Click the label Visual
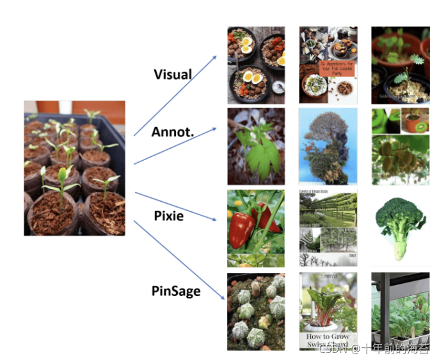(172, 74)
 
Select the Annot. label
(172, 132)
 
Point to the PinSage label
(176, 291)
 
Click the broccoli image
(400, 228)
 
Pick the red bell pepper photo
(255, 228)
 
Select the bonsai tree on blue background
(328, 147)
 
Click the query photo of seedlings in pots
(74, 168)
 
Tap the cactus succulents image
(255, 311)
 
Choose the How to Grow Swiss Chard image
(328, 311)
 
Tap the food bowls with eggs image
(255, 65)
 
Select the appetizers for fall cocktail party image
(328, 65)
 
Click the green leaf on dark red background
(255, 147)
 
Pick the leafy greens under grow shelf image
(400, 311)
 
